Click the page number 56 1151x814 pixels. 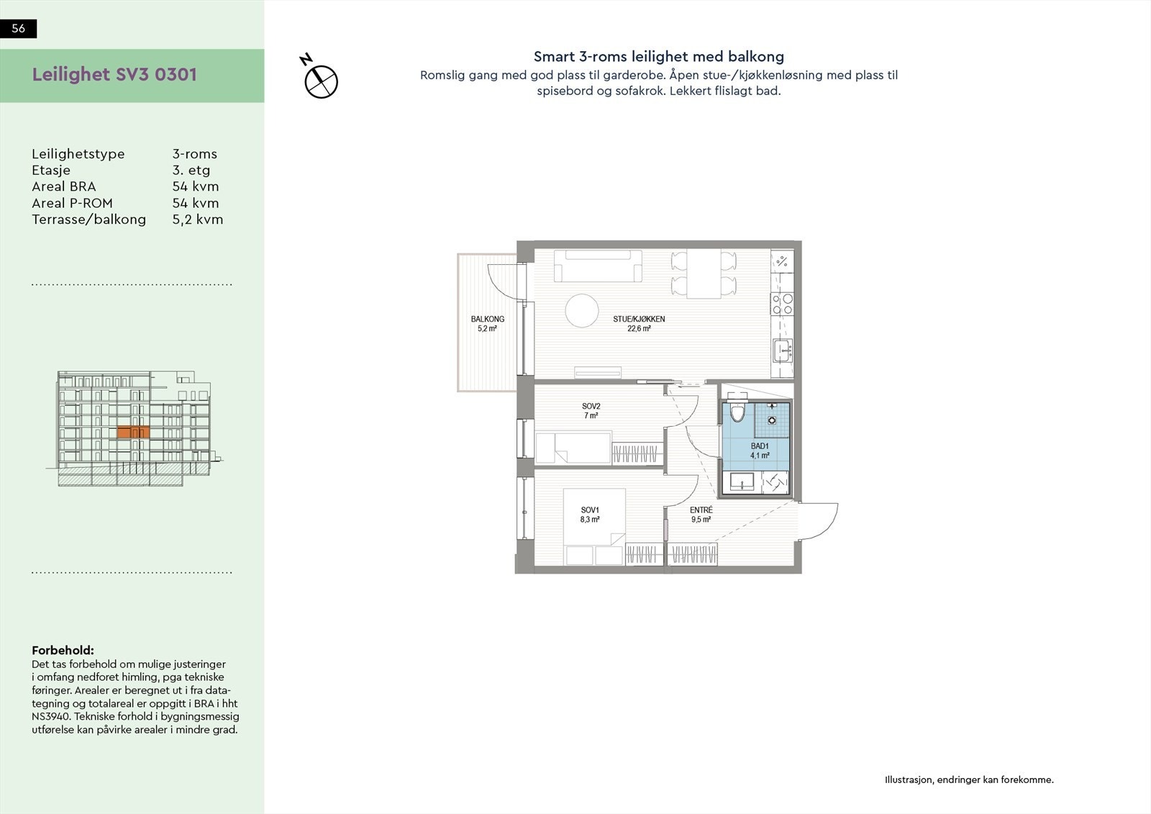pyautogui.click(x=19, y=29)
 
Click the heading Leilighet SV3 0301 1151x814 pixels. pyautogui.click(x=114, y=75)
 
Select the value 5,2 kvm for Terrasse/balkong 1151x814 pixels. pyautogui.click(x=197, y=220)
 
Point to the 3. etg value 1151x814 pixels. pyautogui.click(x=191, y=171)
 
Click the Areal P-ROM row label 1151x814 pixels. pyautogui.click(x=72, y=203)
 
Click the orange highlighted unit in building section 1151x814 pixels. pyautogui.click(x=132, y=433)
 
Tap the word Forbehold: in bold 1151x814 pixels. pyautogui.click(x=63, y=651)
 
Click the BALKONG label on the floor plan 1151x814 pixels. pyautogui.click(x=487, y=319)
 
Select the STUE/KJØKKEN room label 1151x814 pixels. pyautogui.click(x=638, y=319)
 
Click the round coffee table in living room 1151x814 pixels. pyautogui.click(x=581, y=311)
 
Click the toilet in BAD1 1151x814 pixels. pyautogui.click(x=737, y=414)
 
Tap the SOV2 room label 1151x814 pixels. pyautogui.click(x=591, y=407)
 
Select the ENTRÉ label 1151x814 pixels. pyautogui.click(x=701, y=510)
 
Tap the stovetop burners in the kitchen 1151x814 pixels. pyautogui.click(x=782, y=304)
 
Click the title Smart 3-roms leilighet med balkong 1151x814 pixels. pyautogui.click(x=658, y=57)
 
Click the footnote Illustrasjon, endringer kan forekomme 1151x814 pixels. pyautogui.click(x=968, y=779)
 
